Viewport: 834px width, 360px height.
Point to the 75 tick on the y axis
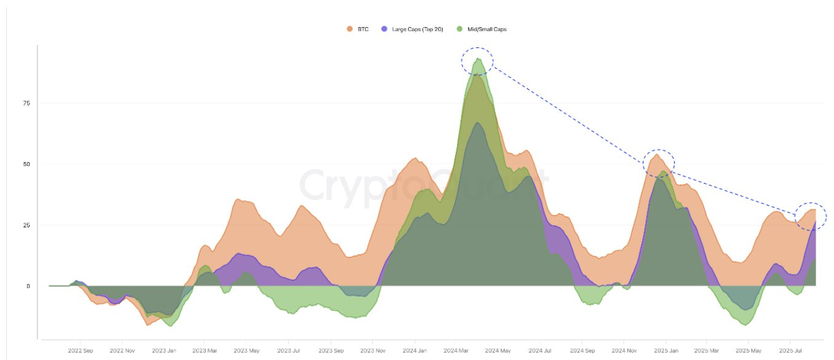pyautogui.click(x=26, y=103)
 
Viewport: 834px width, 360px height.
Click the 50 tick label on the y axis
pyautogui.click(x=26, y=164)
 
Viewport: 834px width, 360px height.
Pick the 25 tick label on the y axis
pyautogui.click(x=26, y=225)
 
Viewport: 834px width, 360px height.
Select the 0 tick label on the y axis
pyautogui.click(x=28, y=286)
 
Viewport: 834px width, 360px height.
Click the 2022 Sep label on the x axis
pyautogui.click(x=80, y=351)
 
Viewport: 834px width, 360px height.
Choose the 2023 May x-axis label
pyautogui.click(x=246, y=351)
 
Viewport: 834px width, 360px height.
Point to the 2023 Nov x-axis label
pyautogui.click(x=372, y=351)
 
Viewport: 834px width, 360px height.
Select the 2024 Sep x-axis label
pyautogui.click(x=582, y=351)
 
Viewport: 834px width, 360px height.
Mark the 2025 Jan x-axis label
pyautogui.click(x=666, y=351)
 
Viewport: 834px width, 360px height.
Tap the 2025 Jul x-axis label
pyautogui.click(x=792, y=351)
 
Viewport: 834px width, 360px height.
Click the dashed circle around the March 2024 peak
pyautogui.click(x=477, y=61)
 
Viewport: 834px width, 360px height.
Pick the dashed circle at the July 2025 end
pyautogui.click(x=811, y=216)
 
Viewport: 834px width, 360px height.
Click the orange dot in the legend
pyautogui.click(x=349, y=29)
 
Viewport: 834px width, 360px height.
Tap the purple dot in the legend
pyautogui.click(x=384, y=29)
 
